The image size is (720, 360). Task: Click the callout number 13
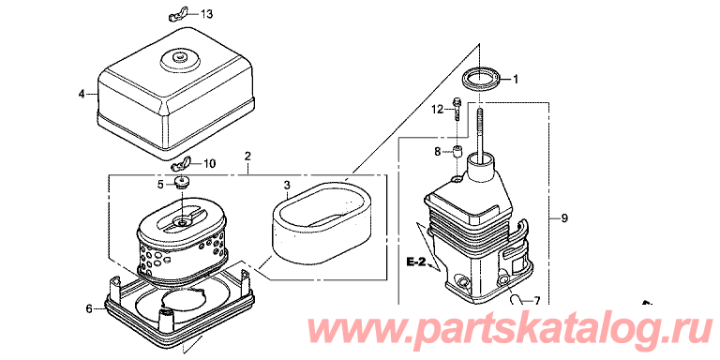pos(206,14)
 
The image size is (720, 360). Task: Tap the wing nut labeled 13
pos(177,15)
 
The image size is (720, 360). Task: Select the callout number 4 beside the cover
pos(82,94)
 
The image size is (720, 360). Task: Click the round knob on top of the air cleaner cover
pos(178,58)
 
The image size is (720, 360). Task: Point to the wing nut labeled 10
pos(181,163)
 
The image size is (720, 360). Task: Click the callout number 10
pos(209,163)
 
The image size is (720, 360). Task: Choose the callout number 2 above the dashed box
pos(247,156)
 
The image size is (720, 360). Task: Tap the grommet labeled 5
pos(183,183)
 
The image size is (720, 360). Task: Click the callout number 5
pos(160,185)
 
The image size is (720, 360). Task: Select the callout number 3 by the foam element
pos(287,186)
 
